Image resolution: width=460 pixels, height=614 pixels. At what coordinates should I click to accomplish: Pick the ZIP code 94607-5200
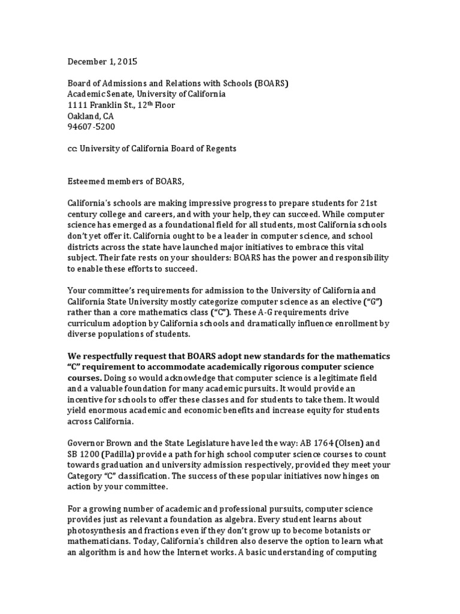coord(91,127)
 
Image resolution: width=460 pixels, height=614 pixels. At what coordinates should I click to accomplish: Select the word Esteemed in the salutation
coord(87,182)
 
